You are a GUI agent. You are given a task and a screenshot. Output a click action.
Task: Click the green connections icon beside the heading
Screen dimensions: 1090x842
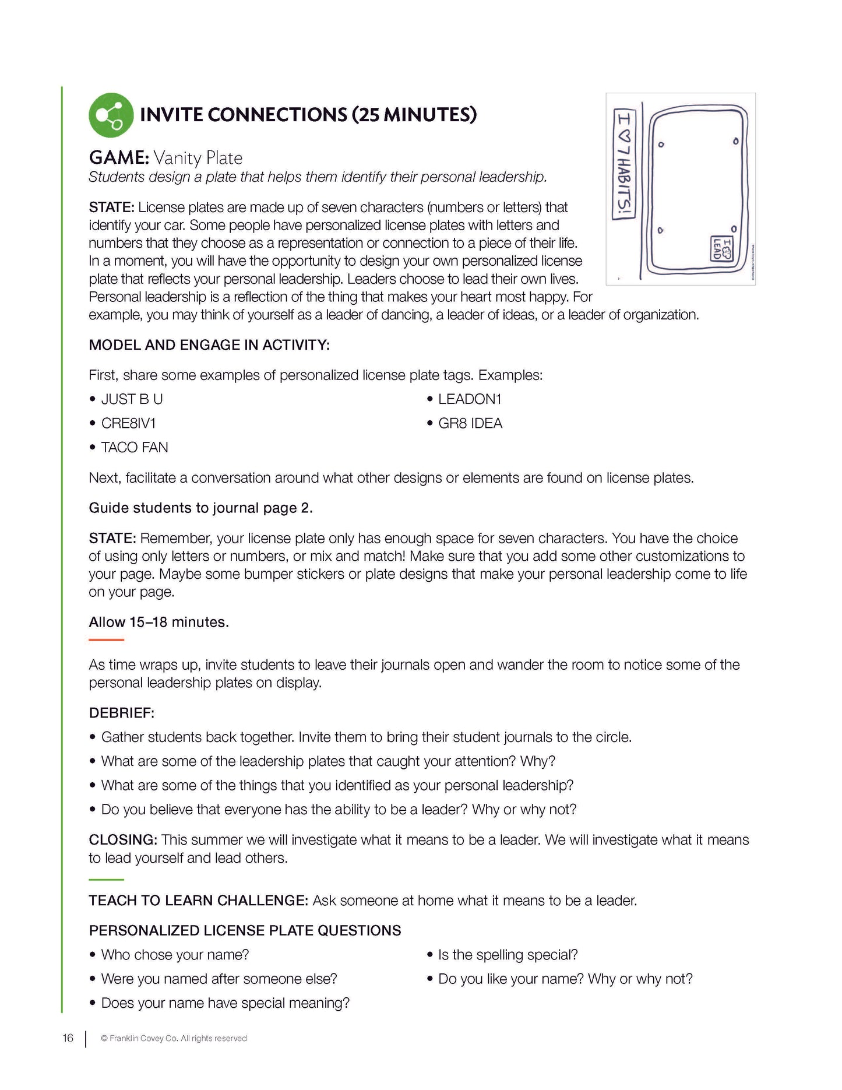point(111,115)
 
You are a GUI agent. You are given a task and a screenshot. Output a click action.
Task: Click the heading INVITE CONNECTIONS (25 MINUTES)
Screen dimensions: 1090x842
point(308,114)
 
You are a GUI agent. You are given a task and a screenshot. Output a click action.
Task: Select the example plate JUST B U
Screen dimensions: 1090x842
point(132,399)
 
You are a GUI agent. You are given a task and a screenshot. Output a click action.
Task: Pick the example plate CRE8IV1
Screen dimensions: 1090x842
point(128,423)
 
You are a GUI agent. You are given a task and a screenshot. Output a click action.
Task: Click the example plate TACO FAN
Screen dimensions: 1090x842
point(135,448)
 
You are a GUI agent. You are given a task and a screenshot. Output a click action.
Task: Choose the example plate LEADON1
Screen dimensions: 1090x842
point(470,399)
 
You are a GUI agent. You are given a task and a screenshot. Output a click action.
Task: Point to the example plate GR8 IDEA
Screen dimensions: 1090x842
point(470,423)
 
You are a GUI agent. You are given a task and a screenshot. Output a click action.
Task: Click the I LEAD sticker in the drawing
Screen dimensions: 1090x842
point(721,249)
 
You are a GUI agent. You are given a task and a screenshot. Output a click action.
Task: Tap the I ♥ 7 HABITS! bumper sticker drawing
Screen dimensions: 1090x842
point(623,165)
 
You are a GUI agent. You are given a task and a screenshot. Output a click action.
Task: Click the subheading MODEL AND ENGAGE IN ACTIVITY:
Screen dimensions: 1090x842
point(209,345)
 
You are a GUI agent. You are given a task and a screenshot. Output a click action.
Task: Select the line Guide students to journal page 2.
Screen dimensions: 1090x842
point(200,508)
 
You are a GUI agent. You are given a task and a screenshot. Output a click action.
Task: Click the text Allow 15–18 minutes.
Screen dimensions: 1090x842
point(158,622)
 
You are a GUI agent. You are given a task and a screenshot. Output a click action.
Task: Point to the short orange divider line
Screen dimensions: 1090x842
point(106,640)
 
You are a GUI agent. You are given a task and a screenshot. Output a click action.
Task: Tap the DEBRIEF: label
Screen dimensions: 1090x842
point(121,713)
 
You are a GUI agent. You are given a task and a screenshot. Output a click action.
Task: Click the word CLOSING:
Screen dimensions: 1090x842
point(122,840)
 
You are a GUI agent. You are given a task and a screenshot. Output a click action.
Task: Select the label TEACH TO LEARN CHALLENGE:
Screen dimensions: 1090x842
point(198,901)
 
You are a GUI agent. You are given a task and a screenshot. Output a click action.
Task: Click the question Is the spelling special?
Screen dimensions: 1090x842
point(508,955)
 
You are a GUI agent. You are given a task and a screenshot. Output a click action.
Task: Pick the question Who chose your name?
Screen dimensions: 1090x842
point(175,955)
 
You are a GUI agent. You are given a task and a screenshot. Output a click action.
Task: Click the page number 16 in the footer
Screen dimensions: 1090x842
point(68,1038)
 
